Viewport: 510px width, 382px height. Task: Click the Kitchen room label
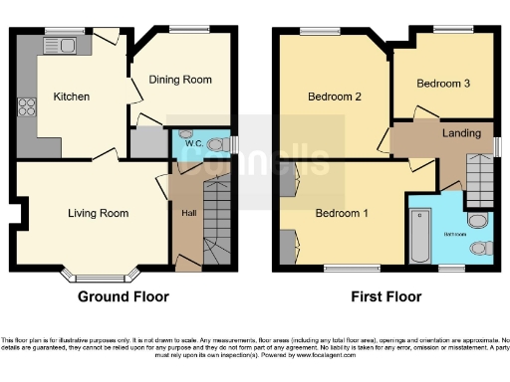[72, 97]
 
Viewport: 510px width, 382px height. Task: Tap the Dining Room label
[180, 80]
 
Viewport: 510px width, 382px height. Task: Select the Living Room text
[98, 213]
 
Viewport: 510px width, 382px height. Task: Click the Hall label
[187, 213]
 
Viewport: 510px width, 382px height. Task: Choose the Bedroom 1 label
[342, 213]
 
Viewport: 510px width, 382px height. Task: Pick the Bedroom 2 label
[333, 97]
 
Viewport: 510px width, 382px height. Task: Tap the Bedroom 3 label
[443, 84]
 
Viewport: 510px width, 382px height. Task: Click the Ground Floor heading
[123, 296]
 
